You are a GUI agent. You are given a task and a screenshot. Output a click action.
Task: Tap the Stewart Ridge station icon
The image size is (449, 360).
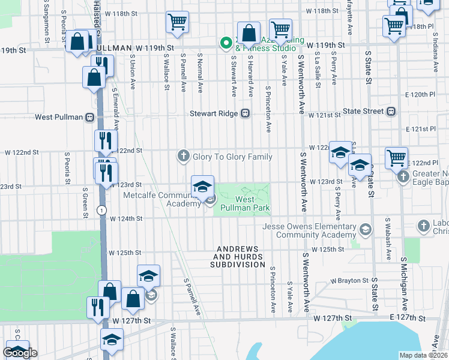(245, 113)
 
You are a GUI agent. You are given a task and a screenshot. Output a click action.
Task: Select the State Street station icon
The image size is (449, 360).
(391, 111)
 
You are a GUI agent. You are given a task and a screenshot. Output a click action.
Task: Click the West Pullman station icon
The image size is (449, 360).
(89, 116)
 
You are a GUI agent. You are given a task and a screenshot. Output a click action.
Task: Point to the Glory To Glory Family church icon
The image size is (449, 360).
(184, 157)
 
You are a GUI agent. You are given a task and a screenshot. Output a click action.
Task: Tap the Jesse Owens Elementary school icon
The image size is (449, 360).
(364, 230)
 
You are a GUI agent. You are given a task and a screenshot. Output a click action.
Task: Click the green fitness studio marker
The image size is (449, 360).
(226, 43)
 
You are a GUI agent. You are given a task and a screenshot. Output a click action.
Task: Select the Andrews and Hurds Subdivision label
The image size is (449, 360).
(238, 257)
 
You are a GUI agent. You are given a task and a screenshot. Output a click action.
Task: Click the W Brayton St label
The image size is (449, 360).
(349, 280)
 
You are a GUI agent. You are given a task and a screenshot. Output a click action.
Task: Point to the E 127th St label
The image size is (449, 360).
(407, 318)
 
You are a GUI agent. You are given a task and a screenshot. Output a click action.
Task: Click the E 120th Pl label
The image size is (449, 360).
(420, 95)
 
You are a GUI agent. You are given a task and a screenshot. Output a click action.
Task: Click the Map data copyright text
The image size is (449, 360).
(423, 355)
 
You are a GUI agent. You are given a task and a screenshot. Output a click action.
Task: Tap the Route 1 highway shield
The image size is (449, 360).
(102, 210)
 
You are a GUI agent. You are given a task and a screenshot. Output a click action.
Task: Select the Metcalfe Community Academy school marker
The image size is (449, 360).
(203, 187)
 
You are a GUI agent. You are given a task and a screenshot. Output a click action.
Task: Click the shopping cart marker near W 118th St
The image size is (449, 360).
(178, 22)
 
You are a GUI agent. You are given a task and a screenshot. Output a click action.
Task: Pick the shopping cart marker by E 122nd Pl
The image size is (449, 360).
(396, 158)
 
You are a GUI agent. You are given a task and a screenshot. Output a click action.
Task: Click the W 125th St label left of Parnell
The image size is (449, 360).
(125, 253)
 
